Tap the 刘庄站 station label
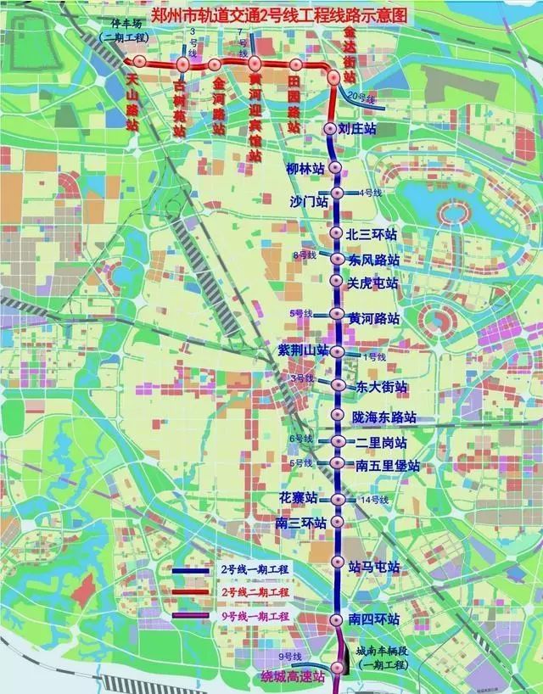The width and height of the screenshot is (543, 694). pyautogui.click(x=356, y=129)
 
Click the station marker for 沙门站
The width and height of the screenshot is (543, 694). pyautogui.click(x=337, y=193)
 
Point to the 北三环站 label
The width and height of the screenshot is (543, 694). pyautogui.click(x=373, y=234)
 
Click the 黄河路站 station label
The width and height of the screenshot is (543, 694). pyautogui.click(x=373, y=317)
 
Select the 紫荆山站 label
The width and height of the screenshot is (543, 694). pyautogui.click(x=303, y=350)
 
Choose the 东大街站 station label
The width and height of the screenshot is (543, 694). pyautogui.click(x=381, y=387)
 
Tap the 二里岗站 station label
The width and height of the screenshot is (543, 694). pyautogui.click(x=381, y=443)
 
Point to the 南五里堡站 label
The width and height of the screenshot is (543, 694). pyautogui.click(x=388, y=466)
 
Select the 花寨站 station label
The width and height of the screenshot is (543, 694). pyautogui.click(x=303, y=497)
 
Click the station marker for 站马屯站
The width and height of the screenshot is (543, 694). pyautogui.click(x=338, y=562)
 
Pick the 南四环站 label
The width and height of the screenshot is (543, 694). pyautogui.click(x=374, y=620)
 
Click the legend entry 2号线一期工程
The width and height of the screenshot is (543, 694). pyautogui.click(x=255, y=571)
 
